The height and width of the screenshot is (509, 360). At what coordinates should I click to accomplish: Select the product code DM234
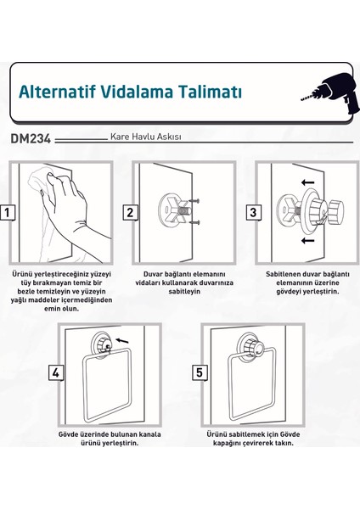35,137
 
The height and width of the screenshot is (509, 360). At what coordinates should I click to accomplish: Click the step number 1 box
8,213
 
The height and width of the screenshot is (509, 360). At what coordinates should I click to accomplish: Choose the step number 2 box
130,213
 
